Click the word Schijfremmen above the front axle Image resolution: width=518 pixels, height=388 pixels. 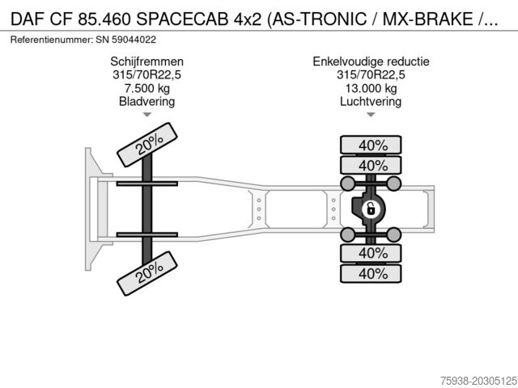[x=146, y=61]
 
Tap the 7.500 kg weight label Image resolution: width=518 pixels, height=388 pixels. [x=146, y=88]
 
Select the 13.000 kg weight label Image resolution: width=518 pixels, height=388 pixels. [x=371, y=88]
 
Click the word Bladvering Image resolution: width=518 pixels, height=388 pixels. [x=146, y=101]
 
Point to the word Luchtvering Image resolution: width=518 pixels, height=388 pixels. [x=371, y=101]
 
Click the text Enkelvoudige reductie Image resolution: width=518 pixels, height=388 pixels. [x=371, y=61]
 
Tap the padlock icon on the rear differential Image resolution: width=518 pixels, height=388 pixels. [x=371, y=209]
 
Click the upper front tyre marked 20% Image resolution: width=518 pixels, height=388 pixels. [x=147, y=145]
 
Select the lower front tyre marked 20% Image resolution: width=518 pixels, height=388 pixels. [x=147, y=273]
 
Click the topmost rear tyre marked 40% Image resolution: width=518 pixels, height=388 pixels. [x=371, y=145]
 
